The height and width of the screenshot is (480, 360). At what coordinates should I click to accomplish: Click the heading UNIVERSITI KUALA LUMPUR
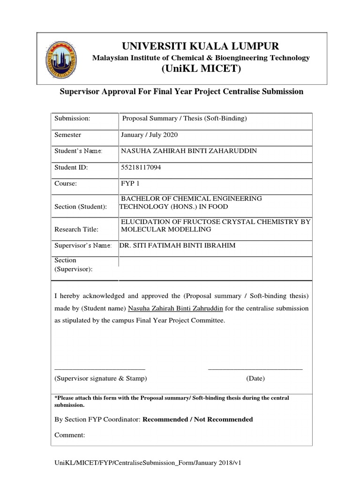click(201, 46)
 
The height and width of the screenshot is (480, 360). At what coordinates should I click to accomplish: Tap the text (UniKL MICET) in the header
click(201, 70)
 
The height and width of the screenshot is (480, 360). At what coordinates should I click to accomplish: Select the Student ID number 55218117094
click(141, 167)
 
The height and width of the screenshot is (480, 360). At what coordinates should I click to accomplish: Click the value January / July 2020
click(150, 135)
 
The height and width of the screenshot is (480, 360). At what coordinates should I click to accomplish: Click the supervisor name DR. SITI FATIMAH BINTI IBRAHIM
click(178, 245)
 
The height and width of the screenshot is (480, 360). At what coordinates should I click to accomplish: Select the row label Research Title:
click(77, 229)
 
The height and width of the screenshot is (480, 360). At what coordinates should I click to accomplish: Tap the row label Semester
click(68, 135)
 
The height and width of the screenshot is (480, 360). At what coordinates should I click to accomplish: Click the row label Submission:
click(73, 119)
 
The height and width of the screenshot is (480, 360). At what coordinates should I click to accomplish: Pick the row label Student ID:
click(71, 167)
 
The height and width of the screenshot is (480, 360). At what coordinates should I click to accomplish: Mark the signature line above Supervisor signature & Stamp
click(100, 369)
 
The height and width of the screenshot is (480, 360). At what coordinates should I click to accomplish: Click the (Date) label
click(255, 378)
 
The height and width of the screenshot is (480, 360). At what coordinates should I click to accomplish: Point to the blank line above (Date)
click(255, 369)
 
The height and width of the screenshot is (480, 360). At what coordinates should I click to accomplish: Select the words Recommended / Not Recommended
click(197, 419)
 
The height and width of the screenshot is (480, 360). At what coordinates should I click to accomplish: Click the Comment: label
click(70, 435)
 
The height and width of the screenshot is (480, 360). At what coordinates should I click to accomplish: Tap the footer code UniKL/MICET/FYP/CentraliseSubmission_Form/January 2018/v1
click(148, 463)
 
